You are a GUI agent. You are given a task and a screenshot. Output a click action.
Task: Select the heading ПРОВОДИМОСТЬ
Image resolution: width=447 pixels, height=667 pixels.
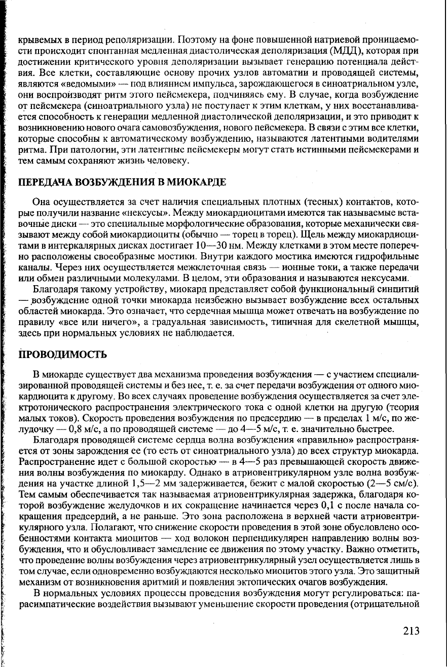(62, 355)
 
